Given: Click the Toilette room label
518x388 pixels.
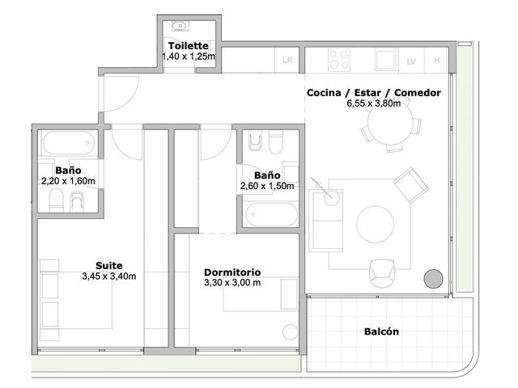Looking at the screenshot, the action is coord(189,46).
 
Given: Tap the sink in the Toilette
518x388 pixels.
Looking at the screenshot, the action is coord(180,26).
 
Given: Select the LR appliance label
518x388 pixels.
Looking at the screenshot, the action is coord(287,60).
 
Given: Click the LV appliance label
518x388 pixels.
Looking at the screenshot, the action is coord(411,61).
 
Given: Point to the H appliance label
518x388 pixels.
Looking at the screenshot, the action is coord(437,61).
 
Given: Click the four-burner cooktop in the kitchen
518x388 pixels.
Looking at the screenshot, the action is coord(339,60).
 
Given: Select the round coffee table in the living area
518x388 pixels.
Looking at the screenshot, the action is coord(375,224).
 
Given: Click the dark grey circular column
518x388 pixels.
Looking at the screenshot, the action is coord(434,279).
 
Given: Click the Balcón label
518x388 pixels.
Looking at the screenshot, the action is coord(381,331).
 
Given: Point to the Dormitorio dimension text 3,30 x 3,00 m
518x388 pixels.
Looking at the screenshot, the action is coord(232,283).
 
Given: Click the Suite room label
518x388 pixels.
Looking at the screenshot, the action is coord(109,266).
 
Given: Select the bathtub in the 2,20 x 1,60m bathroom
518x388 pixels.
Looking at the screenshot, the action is coord(68,143).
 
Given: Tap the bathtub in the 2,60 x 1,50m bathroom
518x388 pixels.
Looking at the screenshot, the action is coord(272,214).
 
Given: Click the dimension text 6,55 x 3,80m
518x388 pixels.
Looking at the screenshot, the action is coord(374,103).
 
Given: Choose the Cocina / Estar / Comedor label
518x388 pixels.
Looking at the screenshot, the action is coord(374,93).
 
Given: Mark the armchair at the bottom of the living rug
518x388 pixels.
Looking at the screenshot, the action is coord(382,273).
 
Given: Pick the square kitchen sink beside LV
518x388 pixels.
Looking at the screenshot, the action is coord(385,60).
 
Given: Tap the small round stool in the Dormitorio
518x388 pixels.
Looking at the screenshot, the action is coord(291,332).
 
